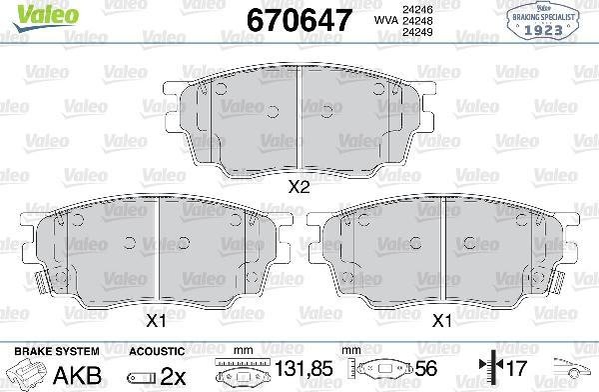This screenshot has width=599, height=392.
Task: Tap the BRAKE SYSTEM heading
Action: pos(54,351)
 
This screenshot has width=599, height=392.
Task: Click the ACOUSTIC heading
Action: pos(157,351)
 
